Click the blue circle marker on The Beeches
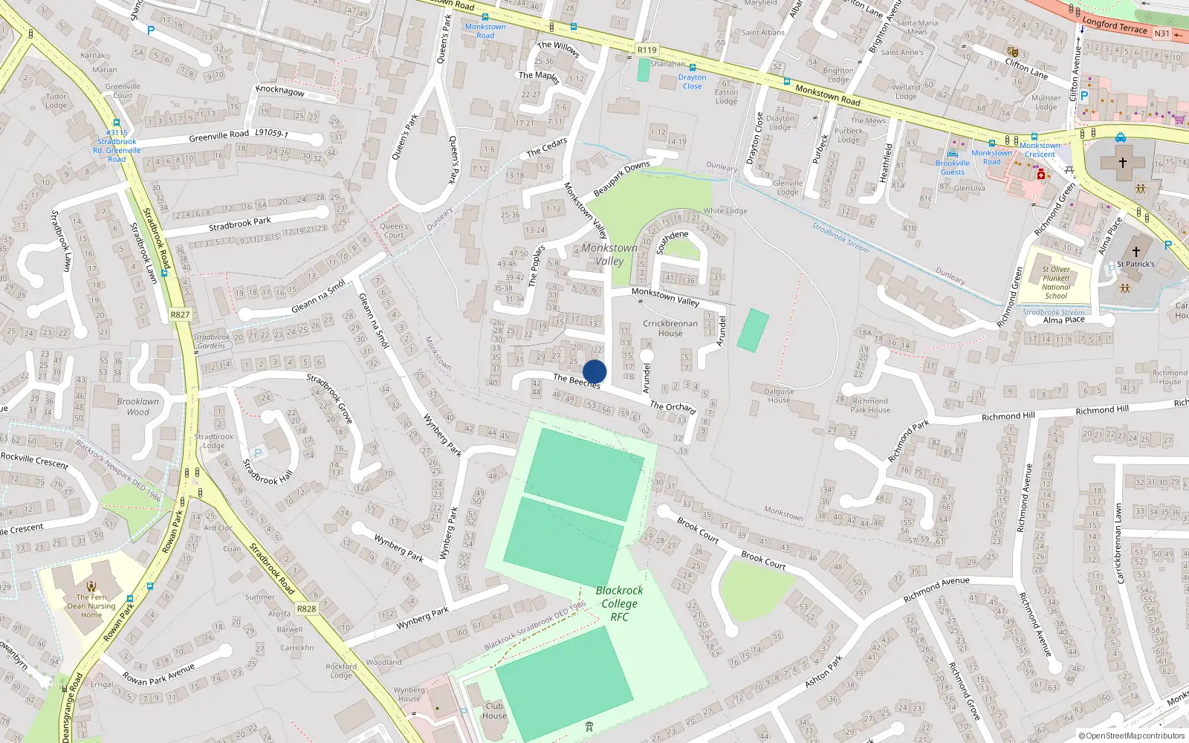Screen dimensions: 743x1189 [594, 371]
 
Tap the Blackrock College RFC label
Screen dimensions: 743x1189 [620, 603]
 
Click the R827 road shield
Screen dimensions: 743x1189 [180, 314]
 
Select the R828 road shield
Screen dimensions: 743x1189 [306, 609]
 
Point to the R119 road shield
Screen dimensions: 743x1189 [647, 50]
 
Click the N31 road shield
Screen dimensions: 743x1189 [1162, 33]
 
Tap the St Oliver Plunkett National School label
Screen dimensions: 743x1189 [1056, 282]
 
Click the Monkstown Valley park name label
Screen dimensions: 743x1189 [609, 254]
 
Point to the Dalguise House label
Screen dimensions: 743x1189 [779, 395]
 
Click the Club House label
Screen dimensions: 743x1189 [494, 710]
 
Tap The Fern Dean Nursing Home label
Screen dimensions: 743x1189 [91, 606]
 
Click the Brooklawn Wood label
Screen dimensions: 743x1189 [137, 406]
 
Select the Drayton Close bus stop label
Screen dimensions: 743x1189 [692, 81]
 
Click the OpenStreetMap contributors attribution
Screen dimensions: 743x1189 [1132, 736]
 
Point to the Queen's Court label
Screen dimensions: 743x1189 [394, 230]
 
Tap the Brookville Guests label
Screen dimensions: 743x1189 [953, 167]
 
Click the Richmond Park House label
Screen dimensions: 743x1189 [870, 405]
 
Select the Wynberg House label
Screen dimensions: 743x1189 [409, 694]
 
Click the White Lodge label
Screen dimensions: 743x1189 [725, 210]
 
